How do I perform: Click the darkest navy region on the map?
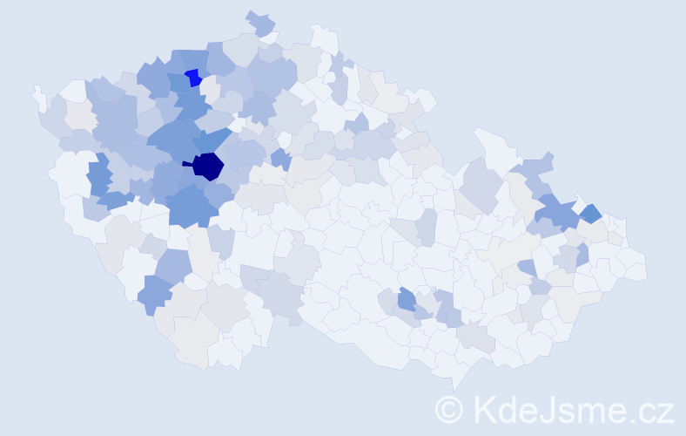[208, 166]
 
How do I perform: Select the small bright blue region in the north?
[192, 78]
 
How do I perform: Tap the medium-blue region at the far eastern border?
[590, 213]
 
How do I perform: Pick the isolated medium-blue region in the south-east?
[407, 300]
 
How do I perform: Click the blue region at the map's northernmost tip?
[259, 23]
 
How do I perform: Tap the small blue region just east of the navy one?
[279, 159]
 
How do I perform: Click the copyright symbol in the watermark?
[450, 408]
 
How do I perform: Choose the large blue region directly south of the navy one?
[192, 206]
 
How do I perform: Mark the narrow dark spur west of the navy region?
[186, 163]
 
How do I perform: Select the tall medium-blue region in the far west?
[98, 174]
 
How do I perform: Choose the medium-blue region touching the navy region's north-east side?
[219, 140]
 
